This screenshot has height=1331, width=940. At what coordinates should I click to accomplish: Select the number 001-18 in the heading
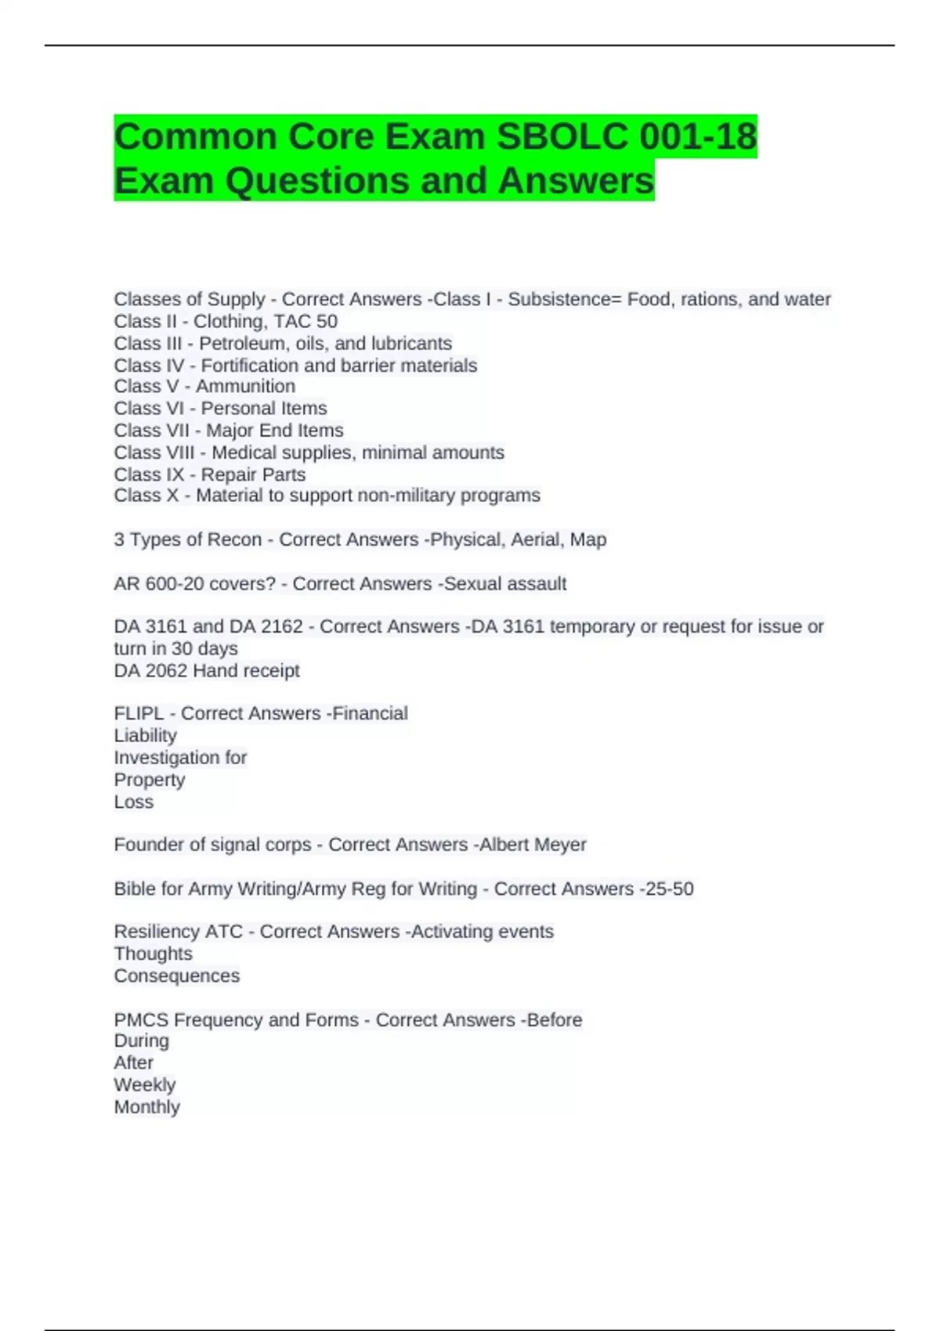click(698, 136)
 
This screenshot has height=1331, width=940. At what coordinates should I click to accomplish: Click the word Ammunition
click(245, 386)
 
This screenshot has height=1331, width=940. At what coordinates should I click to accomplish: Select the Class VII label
click(151, 430)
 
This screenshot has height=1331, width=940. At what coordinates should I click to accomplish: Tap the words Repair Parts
click(253, 474)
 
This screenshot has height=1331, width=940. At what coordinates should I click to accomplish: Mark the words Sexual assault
click(505, 583)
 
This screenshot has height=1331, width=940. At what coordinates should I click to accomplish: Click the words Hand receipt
click(247, 670)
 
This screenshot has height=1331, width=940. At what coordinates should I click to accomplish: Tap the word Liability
click(146, 735)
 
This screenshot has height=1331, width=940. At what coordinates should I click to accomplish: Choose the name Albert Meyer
click(533, 844)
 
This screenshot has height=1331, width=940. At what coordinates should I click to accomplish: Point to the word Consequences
click(177, 976)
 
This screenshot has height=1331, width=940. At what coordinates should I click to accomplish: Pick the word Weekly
click(145, 1084)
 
